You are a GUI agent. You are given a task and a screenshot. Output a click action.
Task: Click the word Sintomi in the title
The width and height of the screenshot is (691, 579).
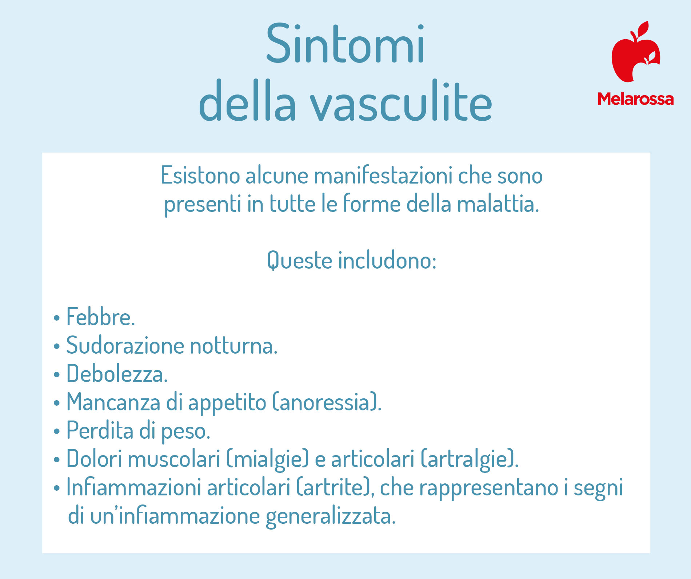pos(345,44)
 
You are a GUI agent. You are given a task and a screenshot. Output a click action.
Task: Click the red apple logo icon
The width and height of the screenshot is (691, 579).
pos(636,52)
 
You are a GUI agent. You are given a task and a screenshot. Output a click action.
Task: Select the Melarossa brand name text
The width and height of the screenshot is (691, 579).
pos(636,99)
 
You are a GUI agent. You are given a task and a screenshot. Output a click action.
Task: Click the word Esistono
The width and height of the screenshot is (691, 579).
pos(200,175)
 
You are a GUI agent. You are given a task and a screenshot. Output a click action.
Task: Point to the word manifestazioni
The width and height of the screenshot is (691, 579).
pos(383,175)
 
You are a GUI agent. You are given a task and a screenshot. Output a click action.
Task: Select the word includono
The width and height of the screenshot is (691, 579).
pos(387,260)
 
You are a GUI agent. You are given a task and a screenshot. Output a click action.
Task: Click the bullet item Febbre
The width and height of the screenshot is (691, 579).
pos(100,317)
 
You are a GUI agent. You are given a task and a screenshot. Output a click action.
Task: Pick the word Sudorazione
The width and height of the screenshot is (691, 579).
pos(125,345)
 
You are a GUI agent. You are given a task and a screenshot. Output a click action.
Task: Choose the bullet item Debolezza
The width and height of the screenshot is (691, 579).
pos(117,374)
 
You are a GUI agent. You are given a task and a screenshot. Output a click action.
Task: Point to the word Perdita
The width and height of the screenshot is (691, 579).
pos(100,430)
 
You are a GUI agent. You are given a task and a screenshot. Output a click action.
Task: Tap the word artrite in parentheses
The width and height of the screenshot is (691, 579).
pos(332,487)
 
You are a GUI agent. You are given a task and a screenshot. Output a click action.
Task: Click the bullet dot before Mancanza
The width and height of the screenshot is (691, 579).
pos(56,403)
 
